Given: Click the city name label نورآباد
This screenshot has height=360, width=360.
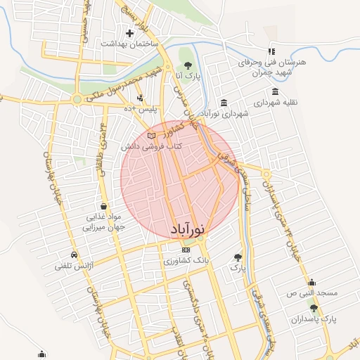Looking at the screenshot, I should point(188,230).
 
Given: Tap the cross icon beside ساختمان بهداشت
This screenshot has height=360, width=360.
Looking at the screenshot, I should point(129,33).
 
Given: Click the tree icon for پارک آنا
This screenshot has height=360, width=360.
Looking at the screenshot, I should point(187,65).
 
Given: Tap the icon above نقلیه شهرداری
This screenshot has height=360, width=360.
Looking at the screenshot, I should point(275,91).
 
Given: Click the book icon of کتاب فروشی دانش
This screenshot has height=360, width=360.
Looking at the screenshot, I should point(152,135).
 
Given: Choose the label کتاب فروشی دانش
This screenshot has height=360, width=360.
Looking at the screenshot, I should point(151,146).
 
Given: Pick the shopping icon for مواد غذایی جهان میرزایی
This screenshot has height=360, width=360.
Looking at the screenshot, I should point(104,207).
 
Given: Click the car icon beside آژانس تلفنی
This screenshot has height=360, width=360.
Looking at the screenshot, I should point(74,255).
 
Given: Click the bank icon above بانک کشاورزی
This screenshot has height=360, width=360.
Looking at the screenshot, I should point(186,250).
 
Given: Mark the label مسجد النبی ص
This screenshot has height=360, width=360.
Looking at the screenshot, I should point(313,291).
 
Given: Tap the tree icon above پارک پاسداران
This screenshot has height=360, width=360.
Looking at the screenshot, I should point(314,308).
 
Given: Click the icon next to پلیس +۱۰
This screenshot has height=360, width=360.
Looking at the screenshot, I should point(141,98).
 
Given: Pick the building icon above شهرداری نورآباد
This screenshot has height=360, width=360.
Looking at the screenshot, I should point(224,102).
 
